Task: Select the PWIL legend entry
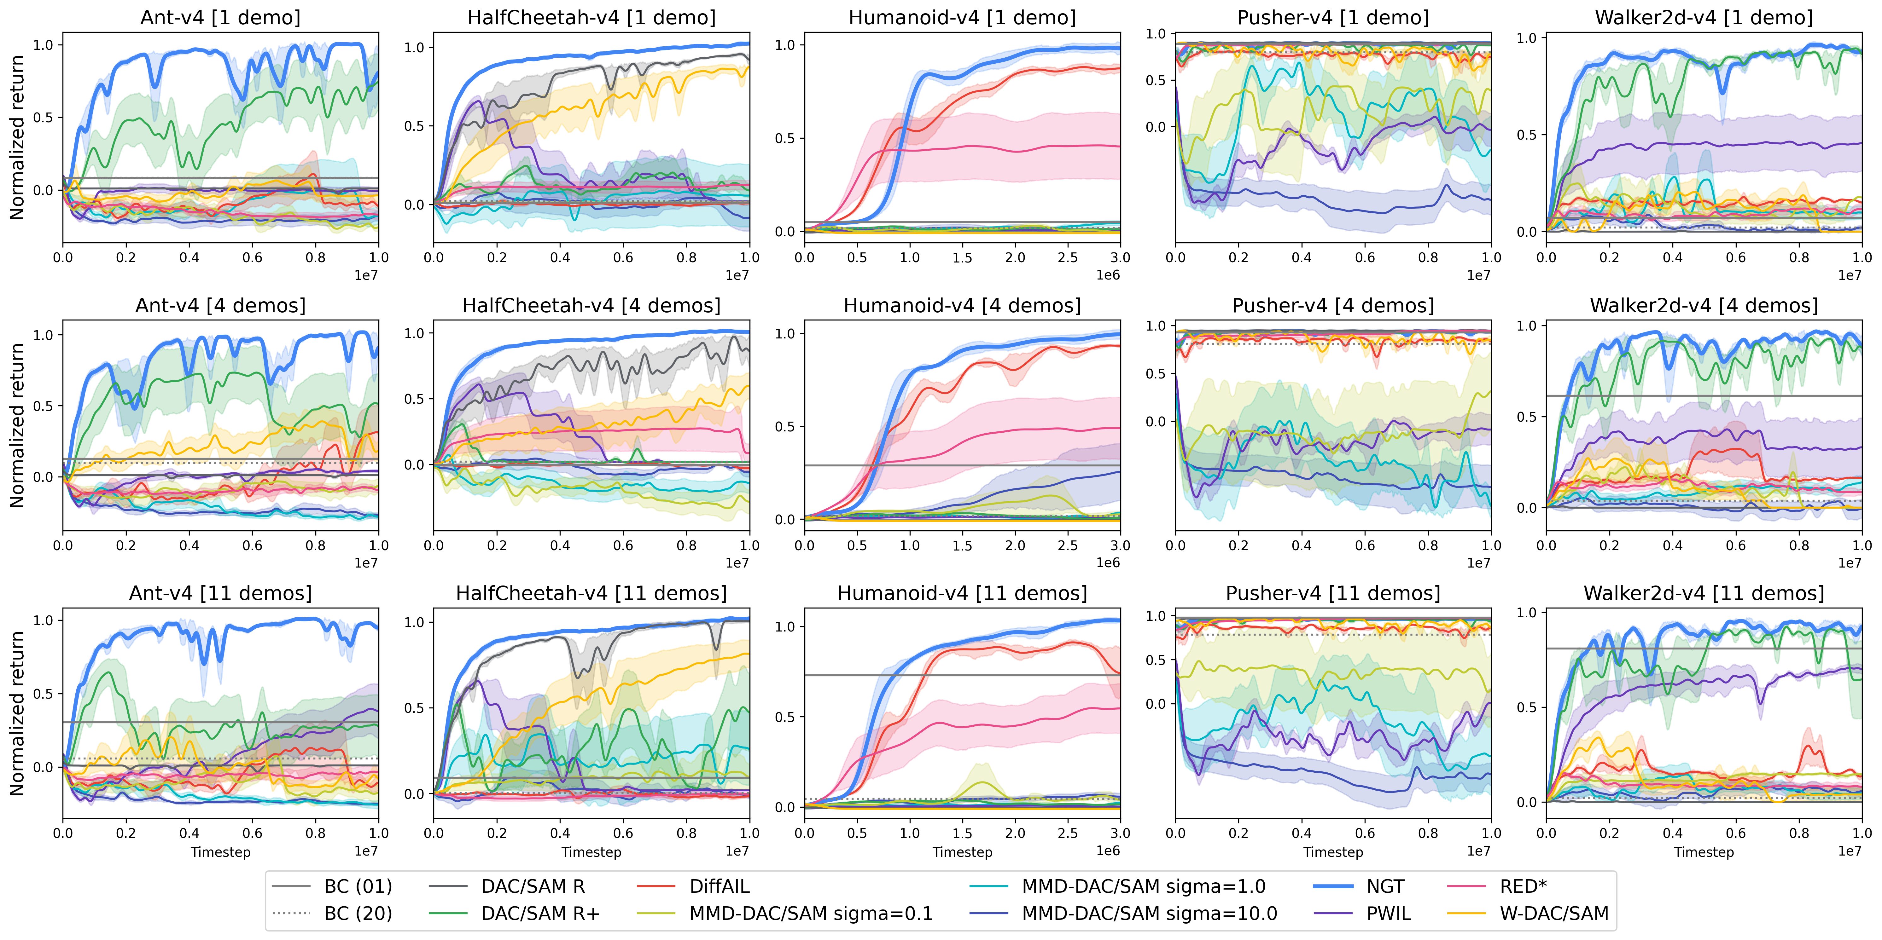pyautogui.click(x=1388, y=914)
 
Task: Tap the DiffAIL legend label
pyautogui.click(x=719, y=887)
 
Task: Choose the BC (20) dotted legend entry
pyautogui.click(x=358, y=914)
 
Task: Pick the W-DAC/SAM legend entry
pyautogui.click(x=1554, y=914)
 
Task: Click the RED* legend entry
pyautogui.click(x=1523, y=887)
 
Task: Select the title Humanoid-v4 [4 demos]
pyautogui.click(x=962, y=305)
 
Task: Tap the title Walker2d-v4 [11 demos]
pyautogui.click(x=1704, y=593)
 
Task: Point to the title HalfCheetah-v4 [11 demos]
pyautogui.click(x=591, y=593)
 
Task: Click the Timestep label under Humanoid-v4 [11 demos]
pyautogui.click(x=962, y=852)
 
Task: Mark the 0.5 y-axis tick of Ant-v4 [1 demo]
pyautogui.click(x=44, y=118)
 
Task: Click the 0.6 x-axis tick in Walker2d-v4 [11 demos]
pyautogui.click(x=1736, y=833)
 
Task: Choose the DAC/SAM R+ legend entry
pyautogui.click(x=540, y=914)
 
